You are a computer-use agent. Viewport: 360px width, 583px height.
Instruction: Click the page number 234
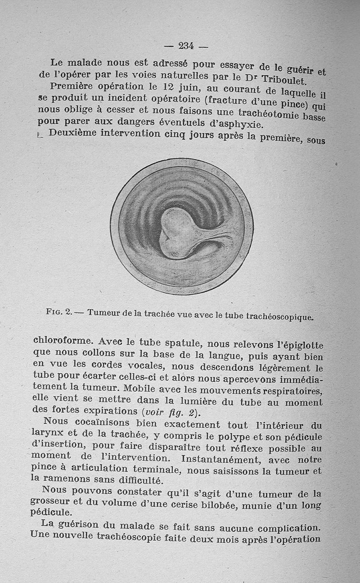pos(185,45)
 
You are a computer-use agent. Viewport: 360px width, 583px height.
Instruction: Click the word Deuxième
pos(73,133)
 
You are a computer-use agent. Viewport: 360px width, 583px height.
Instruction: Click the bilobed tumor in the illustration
pos(178,232)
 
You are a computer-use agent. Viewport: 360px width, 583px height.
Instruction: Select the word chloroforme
pos(63,340)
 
